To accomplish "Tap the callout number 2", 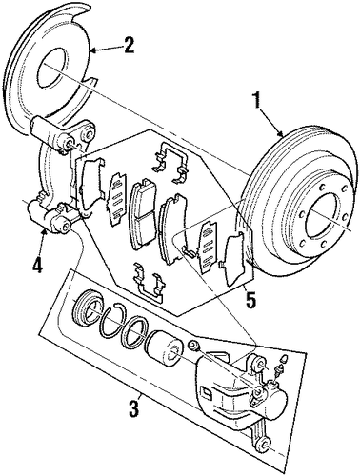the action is [129, 46].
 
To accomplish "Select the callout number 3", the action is [133, 407].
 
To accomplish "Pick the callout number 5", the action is [250, 300].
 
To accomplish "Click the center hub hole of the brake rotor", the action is [325, 219].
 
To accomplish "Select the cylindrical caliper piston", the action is [164, 349].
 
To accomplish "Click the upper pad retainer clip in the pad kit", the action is [170, 163].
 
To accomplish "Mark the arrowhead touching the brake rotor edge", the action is [281, 133].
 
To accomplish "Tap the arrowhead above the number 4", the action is [46, 234].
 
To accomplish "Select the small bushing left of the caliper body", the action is [192, 345].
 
